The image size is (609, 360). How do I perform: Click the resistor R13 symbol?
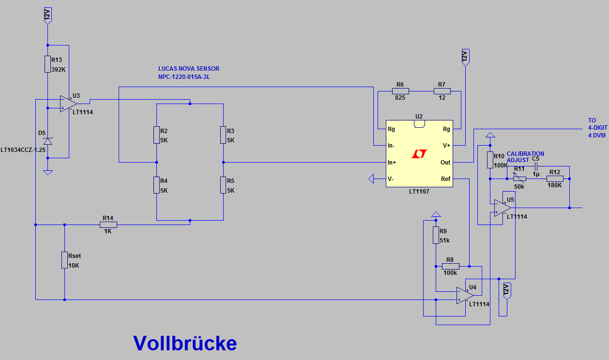point(47,64)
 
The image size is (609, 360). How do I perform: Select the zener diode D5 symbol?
point(47,141)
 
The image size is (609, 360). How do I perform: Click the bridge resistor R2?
point(157,135)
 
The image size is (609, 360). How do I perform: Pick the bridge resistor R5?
point(223,185)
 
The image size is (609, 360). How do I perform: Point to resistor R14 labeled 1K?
point(108,225)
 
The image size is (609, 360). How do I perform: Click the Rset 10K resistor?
point(64,260)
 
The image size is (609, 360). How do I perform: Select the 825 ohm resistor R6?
point(400,91)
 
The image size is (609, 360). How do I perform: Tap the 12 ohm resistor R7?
point(442,91)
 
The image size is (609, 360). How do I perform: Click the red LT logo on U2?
point(419,154)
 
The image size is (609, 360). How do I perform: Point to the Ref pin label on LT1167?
point(445,179)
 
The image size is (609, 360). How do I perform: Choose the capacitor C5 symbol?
point(535,166)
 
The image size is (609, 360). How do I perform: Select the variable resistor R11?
point(519,179)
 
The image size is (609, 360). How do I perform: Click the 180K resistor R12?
point(555,179)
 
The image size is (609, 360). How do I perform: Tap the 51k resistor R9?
point(436,235)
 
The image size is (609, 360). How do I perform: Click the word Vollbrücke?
point(185,343)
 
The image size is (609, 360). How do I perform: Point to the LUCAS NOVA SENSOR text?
point(189,69)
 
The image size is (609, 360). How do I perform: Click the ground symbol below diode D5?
point(47,172)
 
